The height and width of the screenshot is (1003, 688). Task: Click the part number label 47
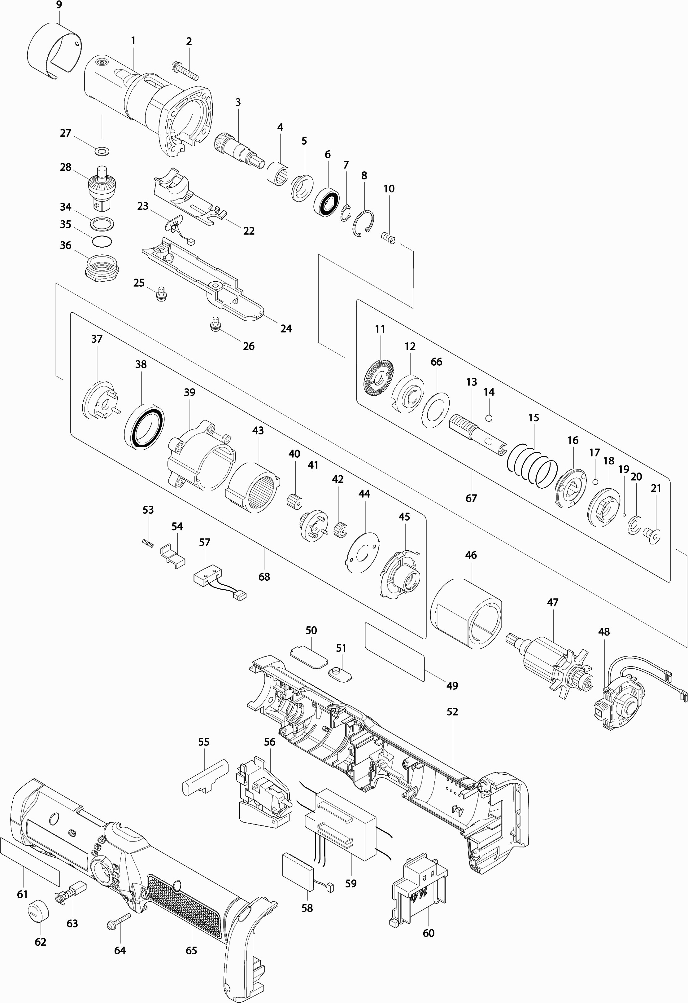click(x=553, y=602)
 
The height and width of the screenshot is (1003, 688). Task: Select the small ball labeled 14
click(x=489, y=418)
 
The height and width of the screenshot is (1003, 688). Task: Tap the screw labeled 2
click(x=185, y=70)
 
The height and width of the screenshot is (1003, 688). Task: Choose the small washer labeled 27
click(x=102, y=152)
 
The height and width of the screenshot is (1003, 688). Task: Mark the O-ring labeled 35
click(x=102, y=241)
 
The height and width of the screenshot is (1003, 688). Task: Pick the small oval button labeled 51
click(x=340, y=675)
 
